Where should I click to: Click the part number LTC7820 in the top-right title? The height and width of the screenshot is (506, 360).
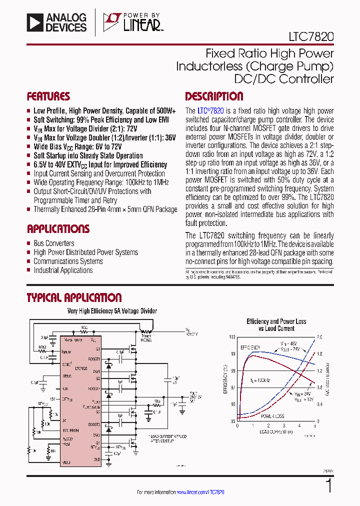(x=310, y=36)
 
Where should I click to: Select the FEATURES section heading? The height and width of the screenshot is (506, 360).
(x=48, y=96)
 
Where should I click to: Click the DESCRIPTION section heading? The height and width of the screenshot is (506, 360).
(x=214, y=96)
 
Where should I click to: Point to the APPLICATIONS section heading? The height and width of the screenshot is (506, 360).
(x=58, y=229)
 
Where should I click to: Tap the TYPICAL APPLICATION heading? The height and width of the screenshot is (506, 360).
(x=74, y=298)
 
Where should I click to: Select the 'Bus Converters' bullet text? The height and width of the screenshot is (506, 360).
(x=54, y=243)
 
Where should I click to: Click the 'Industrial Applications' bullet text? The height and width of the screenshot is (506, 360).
(x=63, y=270)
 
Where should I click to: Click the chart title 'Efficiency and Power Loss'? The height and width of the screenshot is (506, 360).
(x=276, y=321)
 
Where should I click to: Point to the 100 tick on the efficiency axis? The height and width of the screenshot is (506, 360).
(x=232, y=337)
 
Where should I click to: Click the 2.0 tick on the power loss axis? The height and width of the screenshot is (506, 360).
(x=320, y=337)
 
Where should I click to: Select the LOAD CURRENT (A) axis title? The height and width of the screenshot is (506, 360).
(x=276, y=431)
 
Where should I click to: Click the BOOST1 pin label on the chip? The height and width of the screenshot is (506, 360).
(x=95, y=358)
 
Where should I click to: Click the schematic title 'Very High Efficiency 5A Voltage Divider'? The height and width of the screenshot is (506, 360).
(x=112, y=311)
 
